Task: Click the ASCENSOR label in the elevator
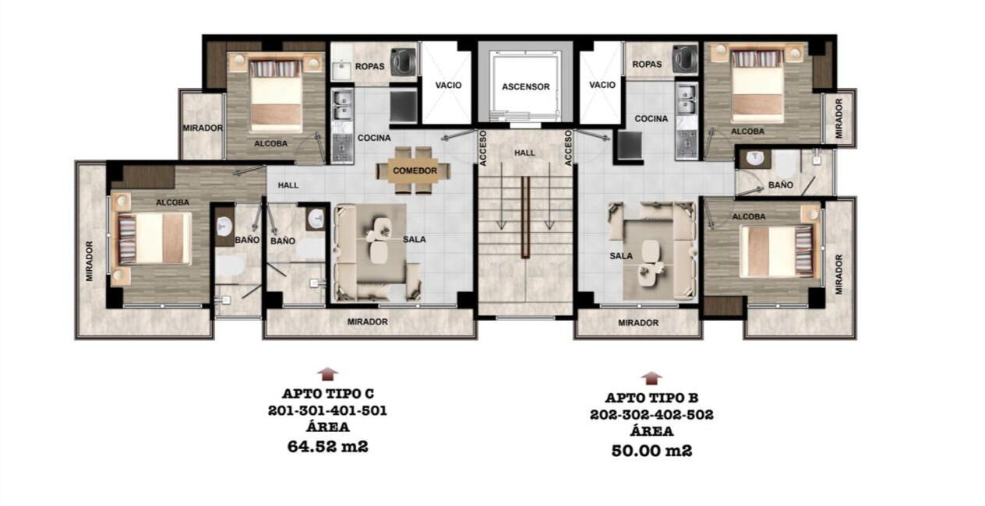(525, 87)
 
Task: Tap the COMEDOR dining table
(414, 170)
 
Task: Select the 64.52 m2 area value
(327, 447)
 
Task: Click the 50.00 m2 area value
(651, 451)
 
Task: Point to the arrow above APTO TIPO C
(327, 374)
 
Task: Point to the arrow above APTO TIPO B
(651, 378)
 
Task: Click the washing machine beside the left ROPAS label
(403, 62)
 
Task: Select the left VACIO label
(448, 85)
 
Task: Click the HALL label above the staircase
(524, 153)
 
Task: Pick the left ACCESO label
(483, 148)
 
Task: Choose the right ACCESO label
(567, 148)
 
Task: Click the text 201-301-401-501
(327, 411)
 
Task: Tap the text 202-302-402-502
(651, 415)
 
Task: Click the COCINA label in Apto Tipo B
(651, 118)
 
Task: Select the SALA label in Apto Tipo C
(415, 240)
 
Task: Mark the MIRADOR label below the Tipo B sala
(638, 323)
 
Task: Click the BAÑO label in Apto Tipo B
(781, 185)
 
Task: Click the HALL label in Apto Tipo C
(288, 185)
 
